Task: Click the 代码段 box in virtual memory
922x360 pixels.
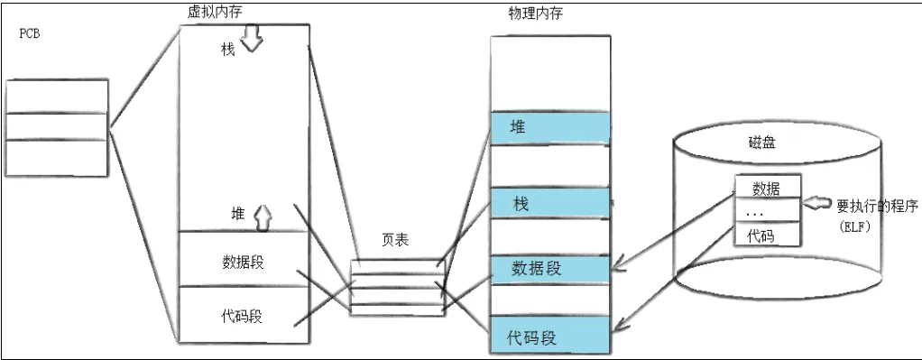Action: (243, 316)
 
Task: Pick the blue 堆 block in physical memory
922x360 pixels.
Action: (550, 126)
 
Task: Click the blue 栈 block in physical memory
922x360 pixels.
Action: (550, 204)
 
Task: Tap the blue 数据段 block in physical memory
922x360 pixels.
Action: (550, 269)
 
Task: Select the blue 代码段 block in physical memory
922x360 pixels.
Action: (550, 337)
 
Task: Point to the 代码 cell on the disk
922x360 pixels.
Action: (766, 235)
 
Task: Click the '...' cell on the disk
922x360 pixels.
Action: (766, 212)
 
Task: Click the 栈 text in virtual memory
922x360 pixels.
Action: (227, 49)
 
